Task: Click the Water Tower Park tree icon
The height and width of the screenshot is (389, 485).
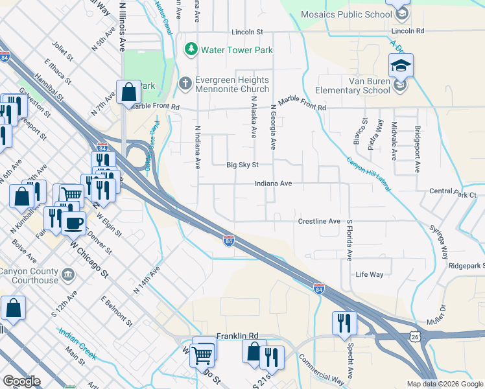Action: coord(191,49)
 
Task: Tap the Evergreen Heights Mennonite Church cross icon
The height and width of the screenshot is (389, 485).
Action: coord(185,84)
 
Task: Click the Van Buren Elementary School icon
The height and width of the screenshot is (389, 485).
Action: coord(401,66)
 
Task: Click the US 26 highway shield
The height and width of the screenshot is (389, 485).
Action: coord(414,337)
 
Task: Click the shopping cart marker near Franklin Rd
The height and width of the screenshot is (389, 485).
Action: coord(203,354)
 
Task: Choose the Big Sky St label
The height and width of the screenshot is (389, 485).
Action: coord(242,165)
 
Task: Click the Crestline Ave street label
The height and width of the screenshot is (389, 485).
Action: coord(319,221)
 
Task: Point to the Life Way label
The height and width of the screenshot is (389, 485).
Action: coord(370,275)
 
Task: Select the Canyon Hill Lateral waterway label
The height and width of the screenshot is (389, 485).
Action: coord(368,174)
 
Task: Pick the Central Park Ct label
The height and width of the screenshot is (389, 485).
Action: coord(453,194)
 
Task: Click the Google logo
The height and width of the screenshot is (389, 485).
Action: coord(21,381)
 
